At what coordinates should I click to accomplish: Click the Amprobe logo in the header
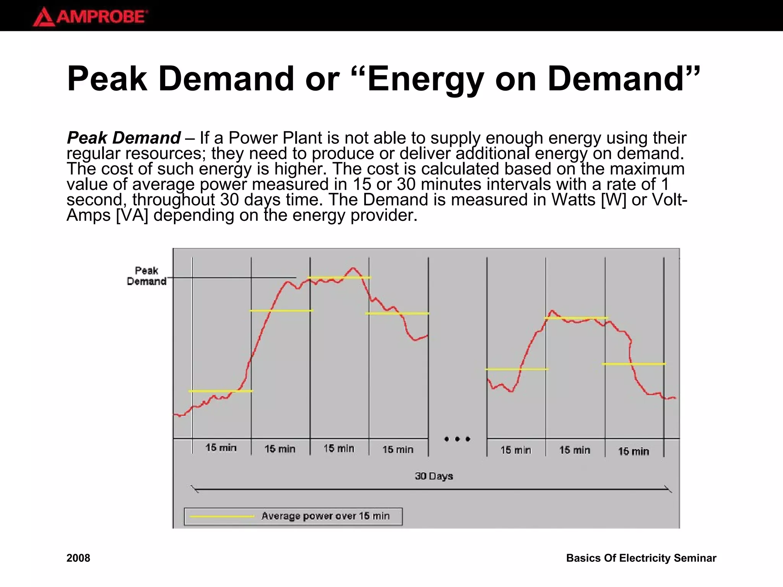point(90,17)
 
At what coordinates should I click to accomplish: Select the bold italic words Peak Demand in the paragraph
point(123,138)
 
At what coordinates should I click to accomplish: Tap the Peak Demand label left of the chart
point(146,276)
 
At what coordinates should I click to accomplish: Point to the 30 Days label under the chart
point(434,476)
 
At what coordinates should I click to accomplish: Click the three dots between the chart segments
point(457,439)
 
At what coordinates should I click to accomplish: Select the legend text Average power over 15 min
point(325,516)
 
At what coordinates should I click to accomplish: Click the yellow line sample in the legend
point(222,517)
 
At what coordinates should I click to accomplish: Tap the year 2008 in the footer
point(78,558)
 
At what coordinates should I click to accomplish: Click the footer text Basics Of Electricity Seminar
point(641,558)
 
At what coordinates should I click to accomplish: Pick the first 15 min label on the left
point(221,448)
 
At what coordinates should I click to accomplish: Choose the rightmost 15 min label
point(634,451)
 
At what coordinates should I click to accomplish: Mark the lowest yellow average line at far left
point(221,391)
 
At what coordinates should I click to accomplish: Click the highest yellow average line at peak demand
point(339,277)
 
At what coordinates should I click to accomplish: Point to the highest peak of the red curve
point(353,268)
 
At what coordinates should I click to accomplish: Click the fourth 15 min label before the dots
point(398,449)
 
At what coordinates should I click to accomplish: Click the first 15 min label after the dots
point(516,450)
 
